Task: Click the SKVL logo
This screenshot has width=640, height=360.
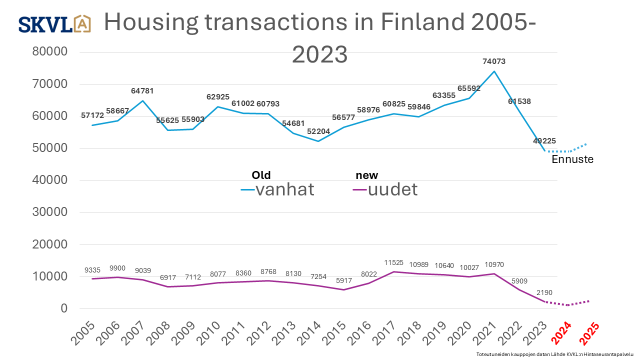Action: pos(54,24)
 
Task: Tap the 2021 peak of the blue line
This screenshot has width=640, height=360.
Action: pos(494,71)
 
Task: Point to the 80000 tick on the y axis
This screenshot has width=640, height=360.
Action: pos(49,52)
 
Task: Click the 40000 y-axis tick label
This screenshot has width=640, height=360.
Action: pos(49,180)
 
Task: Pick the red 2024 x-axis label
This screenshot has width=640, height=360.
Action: pos(562,333)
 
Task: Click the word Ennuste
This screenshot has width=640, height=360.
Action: pos(572,160)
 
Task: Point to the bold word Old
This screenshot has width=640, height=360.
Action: pos(261,175)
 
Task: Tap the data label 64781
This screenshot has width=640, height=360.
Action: pos(142,91)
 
